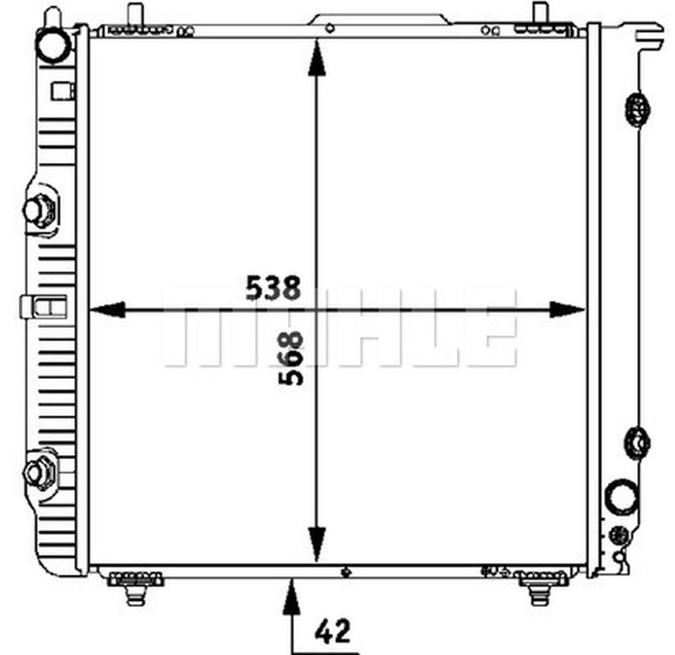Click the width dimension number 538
(x=273, y=288)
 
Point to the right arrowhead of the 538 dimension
(x=566, y=310)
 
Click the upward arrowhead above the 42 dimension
(x=291, y=598)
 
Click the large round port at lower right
(x=622, y=495)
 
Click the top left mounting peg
(x=135, y=13)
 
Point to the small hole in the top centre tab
(x=330, y=28)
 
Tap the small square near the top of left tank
(x=60, y=92)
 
